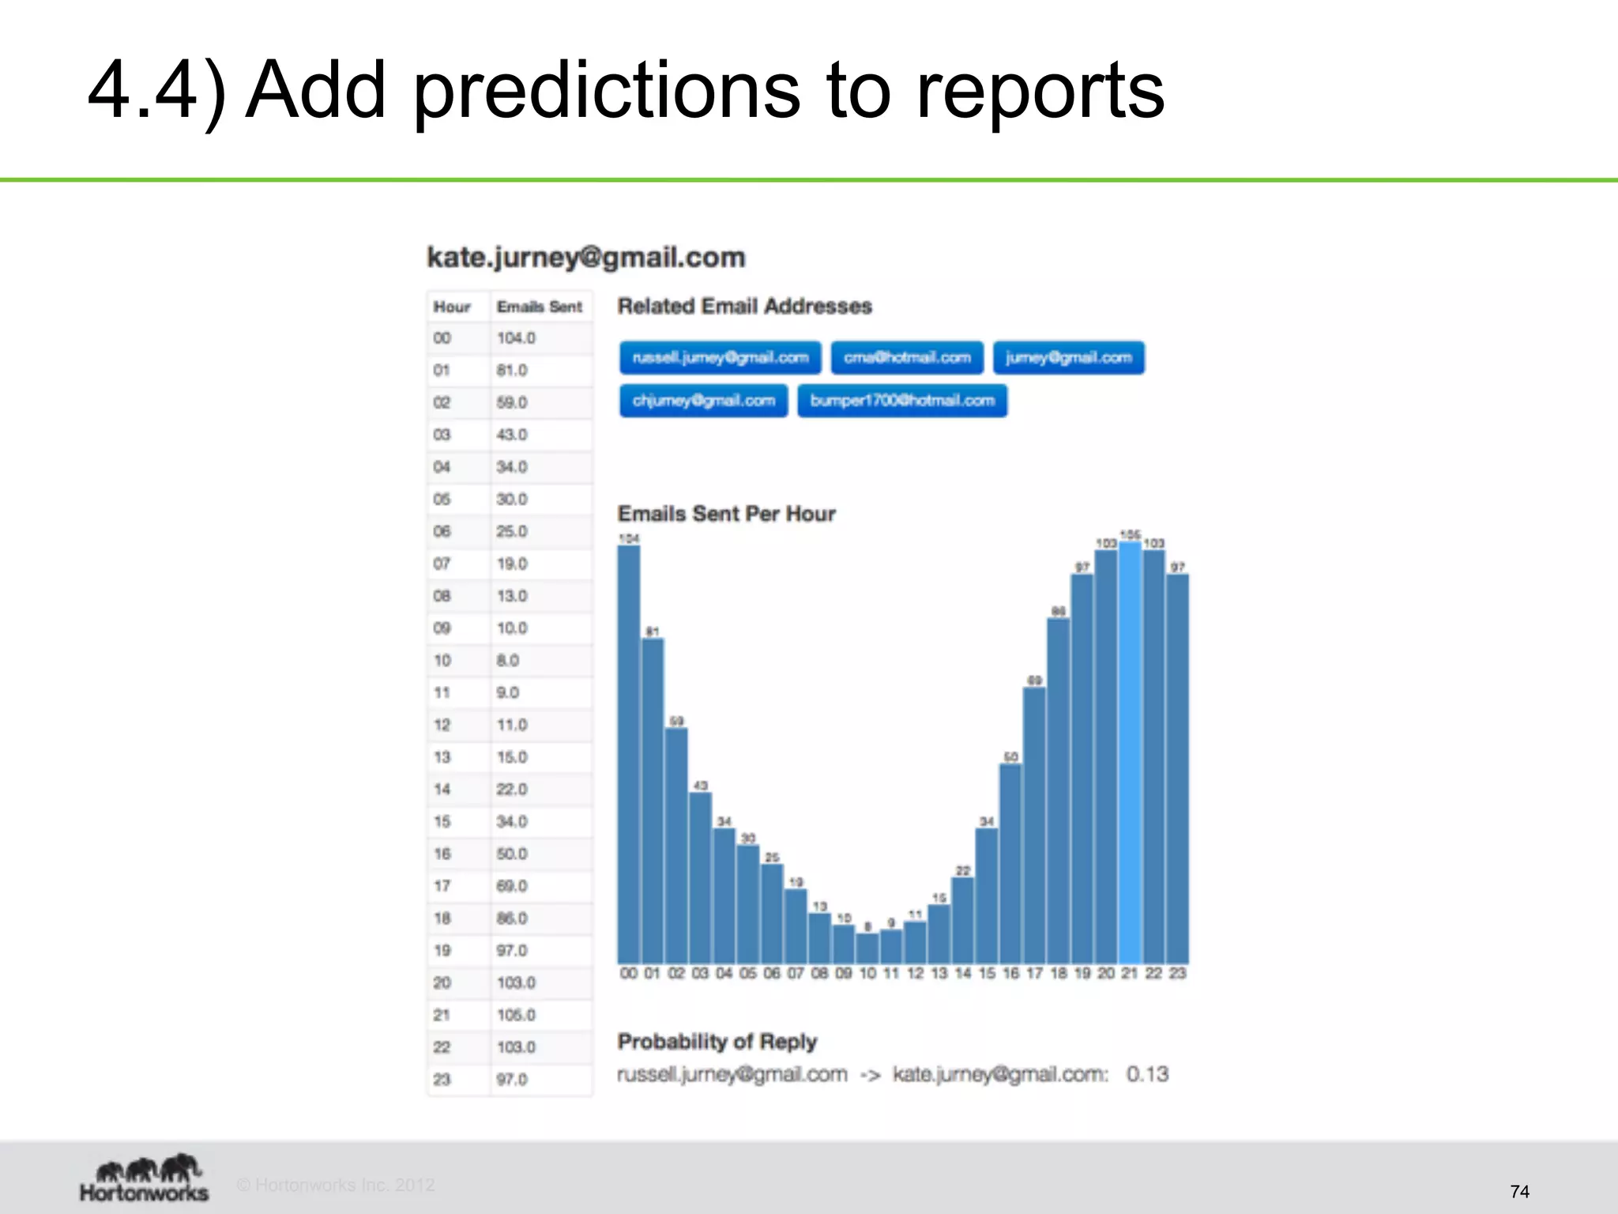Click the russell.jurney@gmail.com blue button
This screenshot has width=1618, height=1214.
(720, 358)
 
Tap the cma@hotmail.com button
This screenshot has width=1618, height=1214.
(907, 358)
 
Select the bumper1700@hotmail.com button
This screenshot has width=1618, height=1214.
(902, 401)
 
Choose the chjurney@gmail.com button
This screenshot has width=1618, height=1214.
(703, 401)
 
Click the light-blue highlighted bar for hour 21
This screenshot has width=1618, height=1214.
(1130, 751)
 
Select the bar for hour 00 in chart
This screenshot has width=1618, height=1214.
(629, 751)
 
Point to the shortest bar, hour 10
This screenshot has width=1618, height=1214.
(867, 948)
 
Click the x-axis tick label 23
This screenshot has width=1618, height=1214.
(1177, 974)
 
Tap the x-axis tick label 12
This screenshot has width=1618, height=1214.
(915, 974)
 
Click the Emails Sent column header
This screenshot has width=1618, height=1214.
(540, 307)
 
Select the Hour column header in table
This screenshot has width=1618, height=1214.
(452, 307)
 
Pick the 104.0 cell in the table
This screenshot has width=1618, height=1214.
(516, 338)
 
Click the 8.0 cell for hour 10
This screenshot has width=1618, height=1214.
(507, 661)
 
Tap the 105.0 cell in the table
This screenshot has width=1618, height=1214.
(516, 1015)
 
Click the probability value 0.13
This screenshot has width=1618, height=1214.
(1147, 1074)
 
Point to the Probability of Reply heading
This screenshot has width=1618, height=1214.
(717, 1042)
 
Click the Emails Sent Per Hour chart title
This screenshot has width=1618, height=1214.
(726, 514)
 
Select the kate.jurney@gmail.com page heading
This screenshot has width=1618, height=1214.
(585, 258)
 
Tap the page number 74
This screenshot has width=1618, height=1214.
(1519, 1191)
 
